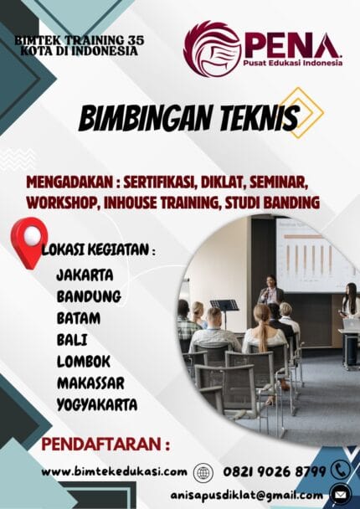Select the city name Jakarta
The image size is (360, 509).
[x=85, y=274]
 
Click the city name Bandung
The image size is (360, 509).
[x=89, y=296]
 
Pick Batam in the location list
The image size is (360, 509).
[x=79, y=317]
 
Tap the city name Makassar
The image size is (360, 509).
[x=91, y=383]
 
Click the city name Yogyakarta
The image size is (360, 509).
[x=97, y=405]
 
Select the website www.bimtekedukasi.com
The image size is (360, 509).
[x=114, y=471]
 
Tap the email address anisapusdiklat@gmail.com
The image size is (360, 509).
[x=239, y=494]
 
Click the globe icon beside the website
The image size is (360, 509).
[x=203, y=472]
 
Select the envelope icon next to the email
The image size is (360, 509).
[x=340, y=494]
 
